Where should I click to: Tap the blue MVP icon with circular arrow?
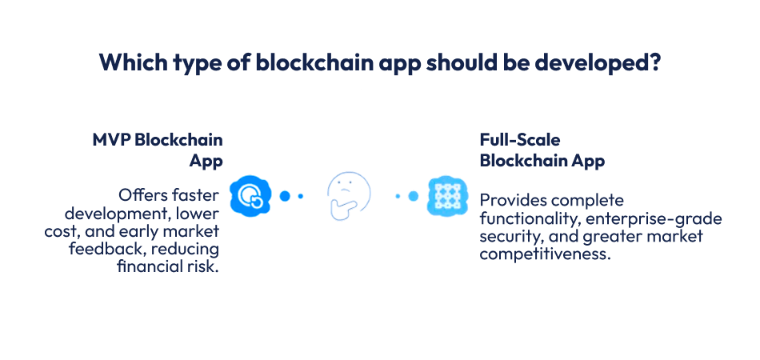(250, 195)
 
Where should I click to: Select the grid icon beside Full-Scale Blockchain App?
(446, 195)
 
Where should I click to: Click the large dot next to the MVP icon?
(284, 195)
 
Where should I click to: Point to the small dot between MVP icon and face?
(301, 195)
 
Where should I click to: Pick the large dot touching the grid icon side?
(414, 195)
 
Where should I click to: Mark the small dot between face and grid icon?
(398, 195)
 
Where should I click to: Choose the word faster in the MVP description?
(196, 196)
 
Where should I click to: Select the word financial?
(150, 266)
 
